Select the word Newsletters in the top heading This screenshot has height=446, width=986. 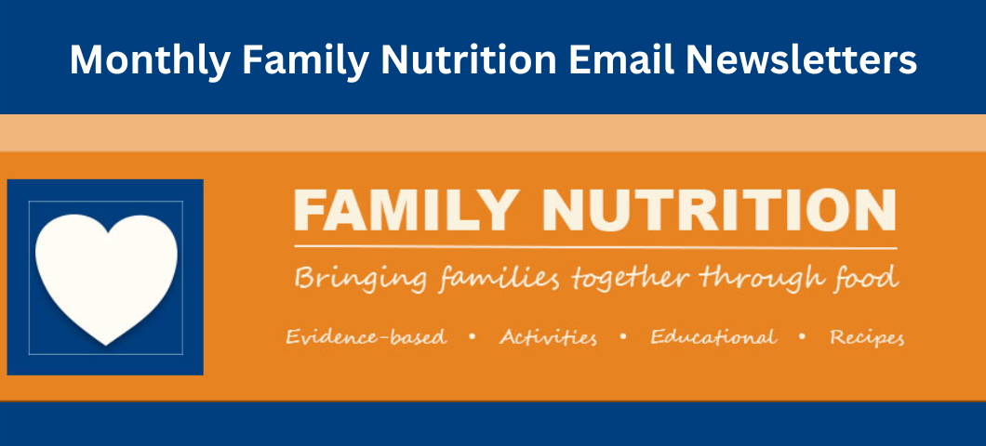click(x=801, y=59)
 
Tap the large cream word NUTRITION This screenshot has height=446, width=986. click(x=719, y=210)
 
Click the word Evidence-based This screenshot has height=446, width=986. click(x=366, y=337)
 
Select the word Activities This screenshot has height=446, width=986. click(x=548, y=337)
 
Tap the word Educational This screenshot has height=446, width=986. click(x=713, y=337)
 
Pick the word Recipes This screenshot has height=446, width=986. click(x=867, y=338)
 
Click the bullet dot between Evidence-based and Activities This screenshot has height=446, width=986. click(x=473, y=337)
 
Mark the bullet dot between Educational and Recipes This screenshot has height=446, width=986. click(x=803, y=337)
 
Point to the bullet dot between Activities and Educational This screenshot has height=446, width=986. click(x=623, y=337)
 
